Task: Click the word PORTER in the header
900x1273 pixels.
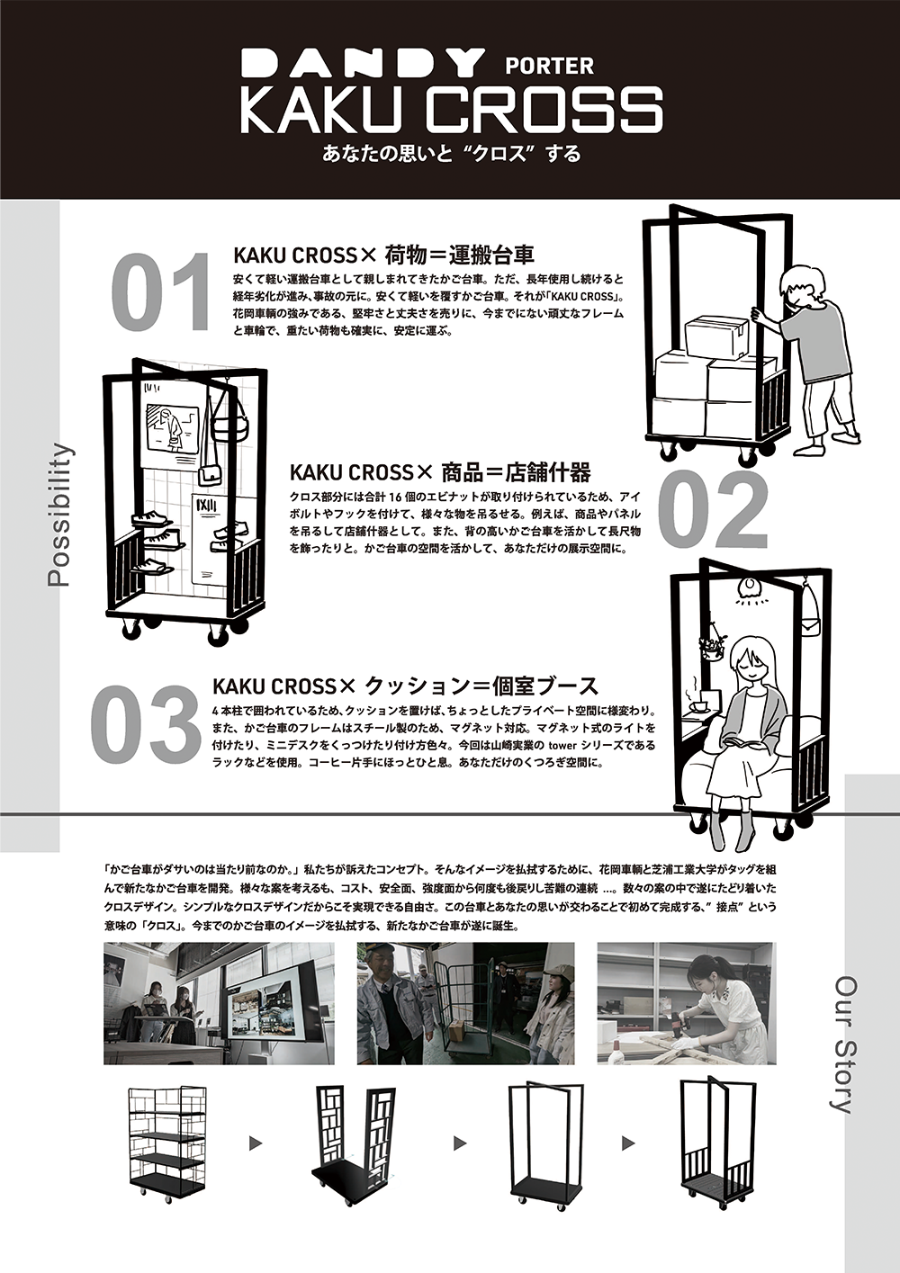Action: click(x=549, y=66)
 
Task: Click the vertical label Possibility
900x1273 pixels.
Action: click(x=59, y=515)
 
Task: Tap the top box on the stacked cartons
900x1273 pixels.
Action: click(x=716, y=337)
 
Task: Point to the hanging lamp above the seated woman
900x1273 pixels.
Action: click(x=749, y=587)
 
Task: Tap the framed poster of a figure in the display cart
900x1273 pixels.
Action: click(x=173, y=428)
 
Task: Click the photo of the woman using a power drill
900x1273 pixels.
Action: click(x=685, y=1003)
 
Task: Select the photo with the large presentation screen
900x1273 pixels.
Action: click(x=219, y=1003)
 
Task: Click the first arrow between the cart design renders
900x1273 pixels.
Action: click(x=256, y=1143)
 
